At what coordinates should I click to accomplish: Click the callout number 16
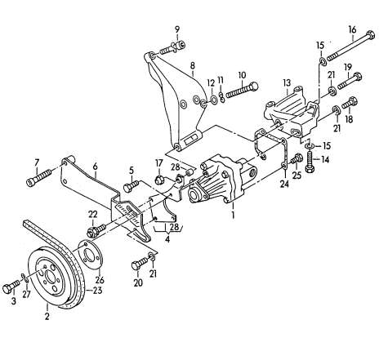pos(352,29)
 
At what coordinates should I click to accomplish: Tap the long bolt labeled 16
pos(350,47)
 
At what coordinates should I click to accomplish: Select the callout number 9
pos(177,29)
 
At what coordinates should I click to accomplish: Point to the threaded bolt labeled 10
pos(242,90)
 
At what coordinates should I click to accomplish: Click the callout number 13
pos(287,83)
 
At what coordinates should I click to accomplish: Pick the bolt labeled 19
pos(350,80)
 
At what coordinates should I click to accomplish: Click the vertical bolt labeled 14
pos(310,162)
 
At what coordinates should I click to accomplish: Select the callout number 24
pos(284,184)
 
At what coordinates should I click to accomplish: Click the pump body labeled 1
pos(222,180)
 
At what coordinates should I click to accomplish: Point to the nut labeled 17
pos(159,180)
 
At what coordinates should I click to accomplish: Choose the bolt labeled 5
pos(132,186)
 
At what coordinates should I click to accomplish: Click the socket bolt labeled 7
pos(39,177)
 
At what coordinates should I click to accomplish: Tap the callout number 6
pos(95,166)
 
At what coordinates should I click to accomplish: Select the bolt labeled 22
pos(96,230)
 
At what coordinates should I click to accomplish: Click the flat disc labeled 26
pos(90,255)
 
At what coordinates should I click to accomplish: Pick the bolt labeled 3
pos(11,287)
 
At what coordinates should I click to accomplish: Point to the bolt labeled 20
pos(140,264)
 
